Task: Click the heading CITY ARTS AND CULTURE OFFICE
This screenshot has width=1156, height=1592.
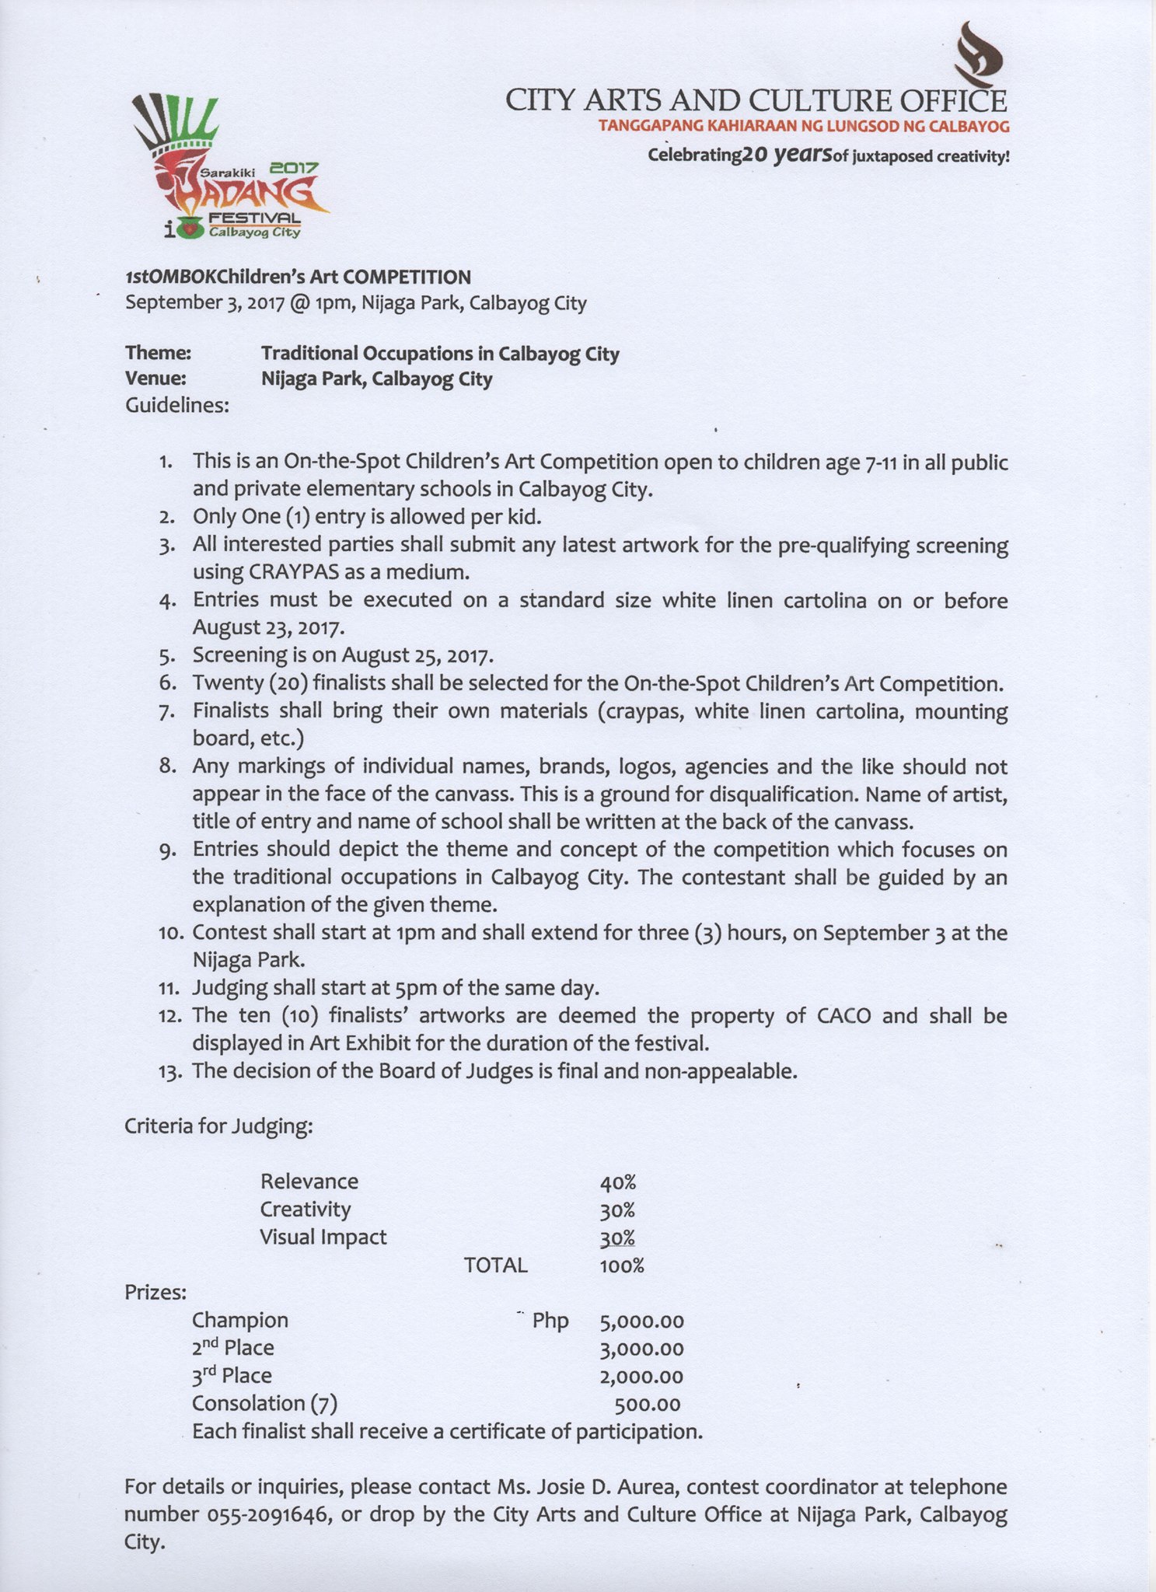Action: (x=756, y=101)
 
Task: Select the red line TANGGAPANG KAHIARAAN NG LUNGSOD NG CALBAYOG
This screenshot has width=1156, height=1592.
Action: (x=804, y=127)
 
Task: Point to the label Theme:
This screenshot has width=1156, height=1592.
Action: (x=159, y=354)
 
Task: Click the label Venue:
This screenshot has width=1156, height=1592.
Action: (x=155, y=379)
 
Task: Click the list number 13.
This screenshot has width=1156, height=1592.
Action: (x=169, y=1072)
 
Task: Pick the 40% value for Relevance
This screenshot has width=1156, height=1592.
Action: (x=618, y=1182)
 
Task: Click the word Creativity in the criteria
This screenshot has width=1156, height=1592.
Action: (x=306, y=1210)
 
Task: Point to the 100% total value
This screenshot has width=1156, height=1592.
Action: (x=622, y=1266)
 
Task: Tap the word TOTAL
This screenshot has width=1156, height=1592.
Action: (x=495, y=1266)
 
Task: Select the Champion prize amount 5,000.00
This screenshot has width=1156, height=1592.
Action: (x=641, y=1321)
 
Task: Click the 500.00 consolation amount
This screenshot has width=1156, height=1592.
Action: (x=648, y=1405)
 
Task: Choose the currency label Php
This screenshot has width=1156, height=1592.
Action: (x=550, y=1321)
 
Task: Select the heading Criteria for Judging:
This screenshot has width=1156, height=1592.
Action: (x=218, y=1126)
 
